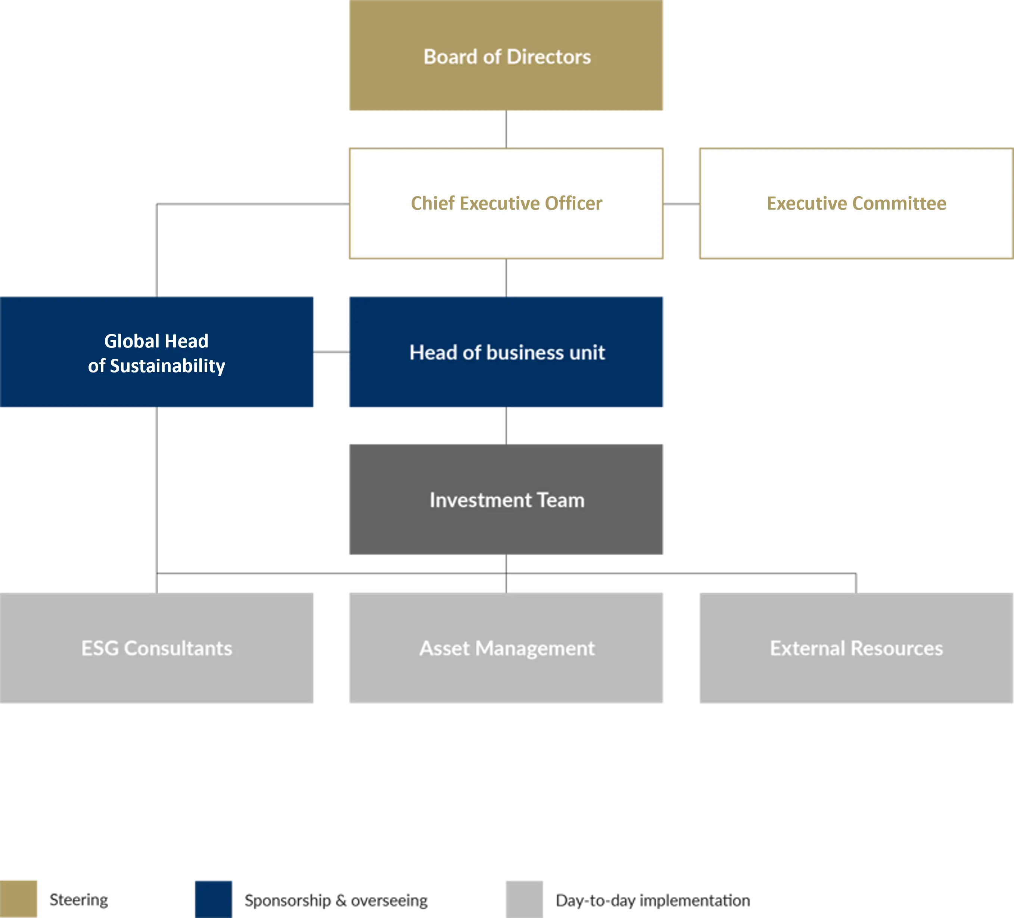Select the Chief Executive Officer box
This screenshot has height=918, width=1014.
pos(506,203)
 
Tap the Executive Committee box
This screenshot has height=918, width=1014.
pos(856,203)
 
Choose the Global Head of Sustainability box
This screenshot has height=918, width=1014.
pos(157,352)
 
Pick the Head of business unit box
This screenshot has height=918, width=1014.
pos(506,352)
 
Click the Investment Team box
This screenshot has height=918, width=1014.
pos(506,500)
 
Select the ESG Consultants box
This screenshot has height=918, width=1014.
pos(157,648)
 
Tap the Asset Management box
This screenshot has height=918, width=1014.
pos(506,648)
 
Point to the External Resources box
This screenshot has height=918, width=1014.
pos(856,648)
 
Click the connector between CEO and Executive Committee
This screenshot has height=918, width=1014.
pos(681,204)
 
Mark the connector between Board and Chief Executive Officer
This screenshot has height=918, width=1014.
pos(506,129)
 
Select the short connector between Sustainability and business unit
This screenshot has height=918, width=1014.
pos(332,352)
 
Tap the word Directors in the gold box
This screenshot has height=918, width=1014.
pos(549,57)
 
